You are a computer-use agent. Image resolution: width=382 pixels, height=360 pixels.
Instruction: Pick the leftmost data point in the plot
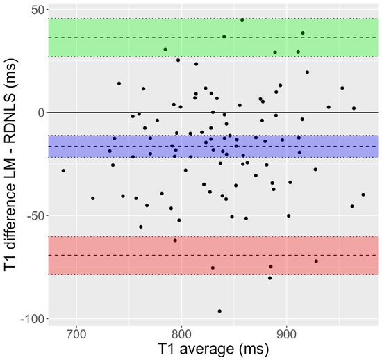pyautogui.click(x=63, y=170)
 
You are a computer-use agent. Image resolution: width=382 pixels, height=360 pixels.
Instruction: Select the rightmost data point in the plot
pyautogui.click(x=363, y=195)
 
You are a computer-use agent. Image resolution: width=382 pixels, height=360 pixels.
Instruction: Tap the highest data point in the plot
pyautogui.click(x=242, y=19)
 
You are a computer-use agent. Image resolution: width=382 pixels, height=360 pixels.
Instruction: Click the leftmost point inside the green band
pyautogui.click(x=165, y=49)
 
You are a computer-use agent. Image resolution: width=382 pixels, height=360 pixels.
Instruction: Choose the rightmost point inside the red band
pyautogui.click(x=316, y=261)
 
